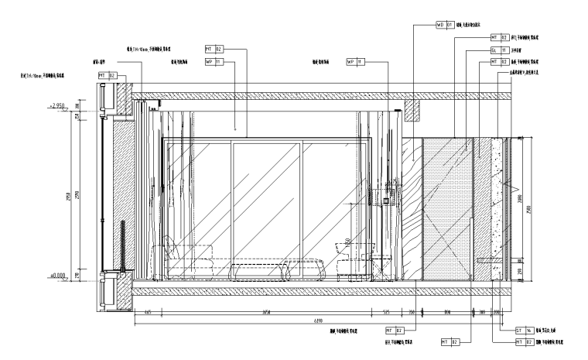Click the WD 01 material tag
pos(446,25)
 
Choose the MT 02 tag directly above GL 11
pos(499,36)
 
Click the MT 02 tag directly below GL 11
pos(499,60)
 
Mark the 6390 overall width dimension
pos(318,320)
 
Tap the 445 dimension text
pos(147,312)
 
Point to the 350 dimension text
pos(412,312)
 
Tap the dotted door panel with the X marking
pos(446,207)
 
